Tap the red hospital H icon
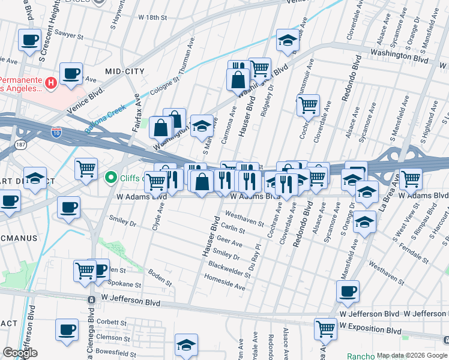click(x=52, y=82)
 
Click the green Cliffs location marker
click(x=110, y=178)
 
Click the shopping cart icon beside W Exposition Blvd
click(x=325, y=328)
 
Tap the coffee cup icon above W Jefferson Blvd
click(x=348, y=292)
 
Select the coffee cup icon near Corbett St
click(x=67, y=329)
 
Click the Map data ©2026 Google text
click(x=411, y=355)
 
